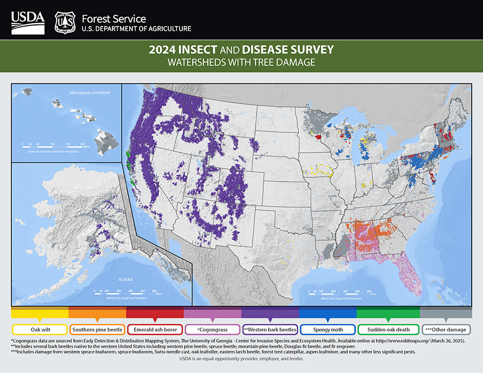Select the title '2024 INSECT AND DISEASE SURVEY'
241,50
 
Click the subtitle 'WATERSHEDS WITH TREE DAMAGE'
241,62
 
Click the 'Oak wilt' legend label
40,329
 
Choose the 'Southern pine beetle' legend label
97,329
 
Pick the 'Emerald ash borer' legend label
155,329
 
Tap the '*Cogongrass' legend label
212,329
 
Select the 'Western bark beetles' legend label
270,329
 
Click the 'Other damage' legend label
446,329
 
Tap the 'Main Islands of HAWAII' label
90,93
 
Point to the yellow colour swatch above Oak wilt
40,313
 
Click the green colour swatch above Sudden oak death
387,313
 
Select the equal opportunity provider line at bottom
241,358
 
